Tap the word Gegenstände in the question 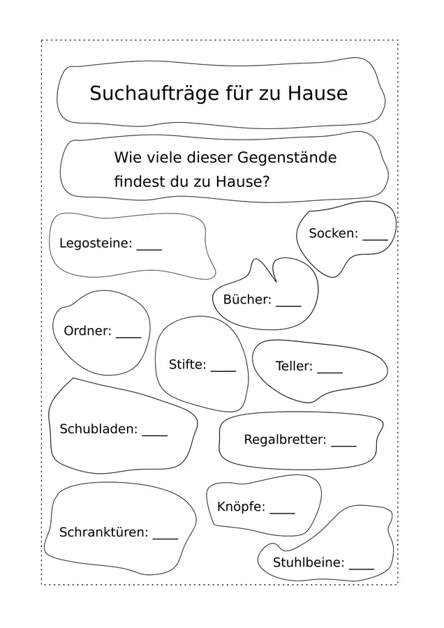287,158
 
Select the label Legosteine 96,243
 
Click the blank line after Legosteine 149,250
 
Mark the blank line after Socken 376,240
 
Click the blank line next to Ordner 128,337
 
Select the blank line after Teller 330,372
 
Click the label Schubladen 98,429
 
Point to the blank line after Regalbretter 343,445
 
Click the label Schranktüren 104,532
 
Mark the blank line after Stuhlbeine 362,568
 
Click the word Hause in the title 318,94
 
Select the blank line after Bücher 288,306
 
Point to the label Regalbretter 286,440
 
